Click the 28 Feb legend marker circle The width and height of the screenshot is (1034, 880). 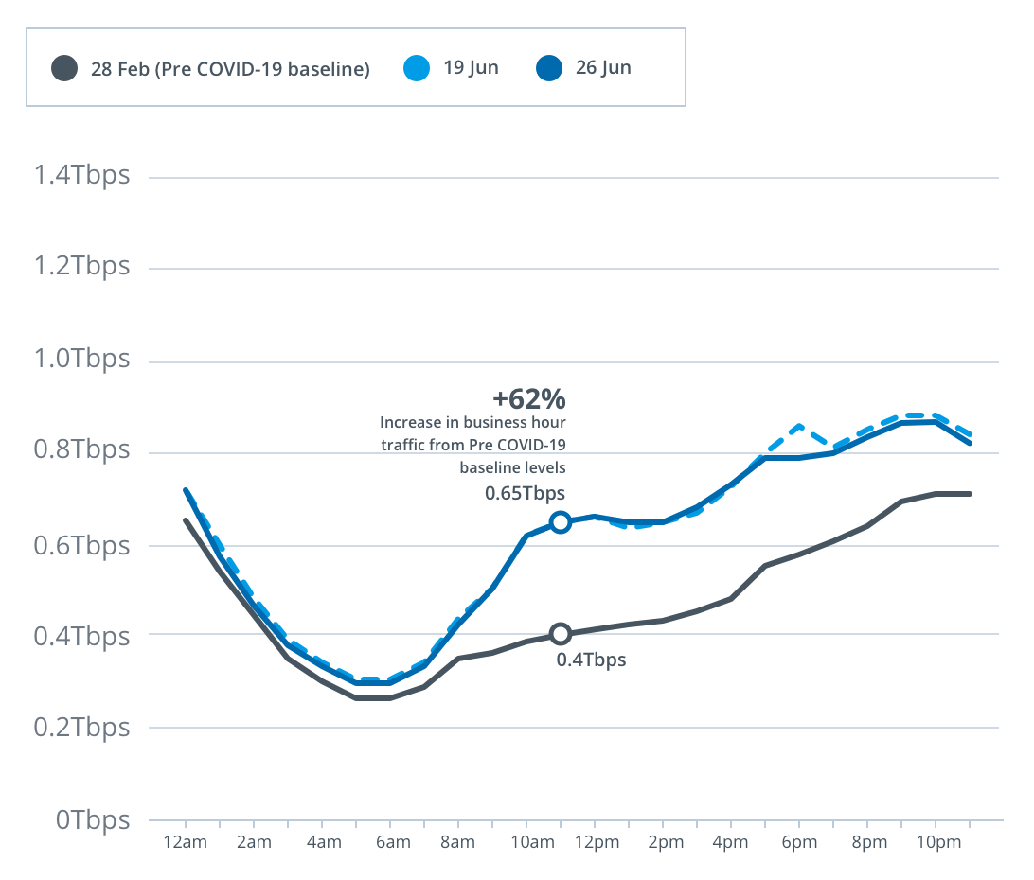(x=64, y=69)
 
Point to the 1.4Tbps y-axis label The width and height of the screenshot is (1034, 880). (x=81, y=176)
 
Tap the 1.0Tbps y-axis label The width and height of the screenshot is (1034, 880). (x=81, y=361)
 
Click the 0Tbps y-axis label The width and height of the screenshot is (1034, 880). (x=92, y=819)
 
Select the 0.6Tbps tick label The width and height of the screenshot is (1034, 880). (x=81, y=545)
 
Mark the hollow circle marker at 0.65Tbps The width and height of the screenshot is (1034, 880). (x=561, y=522)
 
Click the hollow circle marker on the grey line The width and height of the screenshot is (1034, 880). (x=561, y=634)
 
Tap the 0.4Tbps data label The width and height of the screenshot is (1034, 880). (x=591, y=660)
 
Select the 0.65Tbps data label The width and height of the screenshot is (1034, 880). (x=525, y=493)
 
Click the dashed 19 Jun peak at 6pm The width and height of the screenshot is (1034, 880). (x=800, y=427)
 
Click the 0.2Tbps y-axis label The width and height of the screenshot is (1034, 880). (x=81, y=728)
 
